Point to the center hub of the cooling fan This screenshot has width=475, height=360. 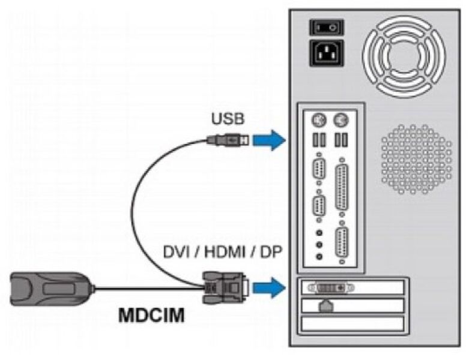[x=407, y=53]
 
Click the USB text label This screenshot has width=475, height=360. [x=228, y=118]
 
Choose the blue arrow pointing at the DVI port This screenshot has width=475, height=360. [x=268, y=287]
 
